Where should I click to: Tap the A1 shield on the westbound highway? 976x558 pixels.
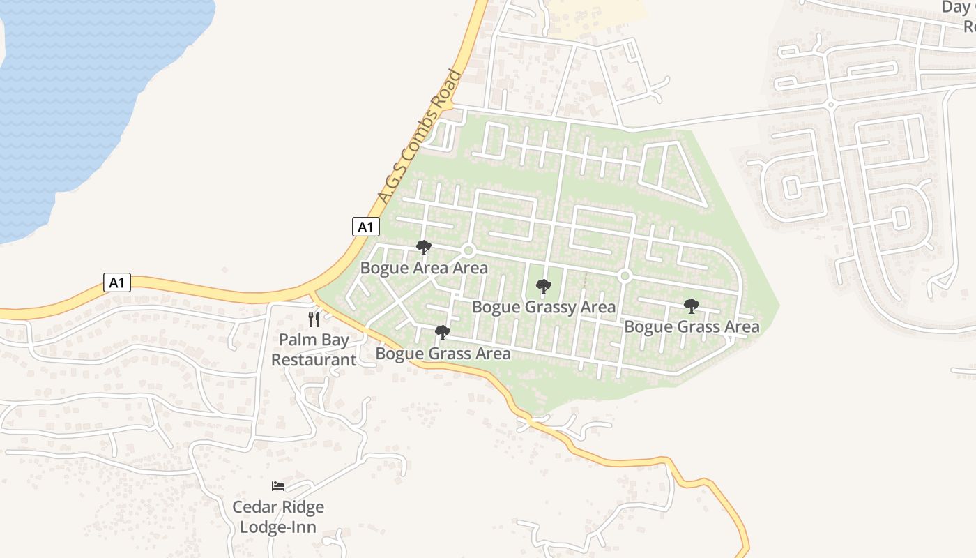click(x=117, y=282)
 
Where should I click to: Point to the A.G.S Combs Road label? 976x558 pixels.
click(x=418, y=137)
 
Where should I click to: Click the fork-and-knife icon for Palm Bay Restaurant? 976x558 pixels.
click(x=314, y=319)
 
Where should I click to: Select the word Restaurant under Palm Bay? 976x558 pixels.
click(x=314, y=360)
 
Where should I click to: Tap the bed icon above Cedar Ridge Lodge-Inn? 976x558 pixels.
click(x=278, y=486)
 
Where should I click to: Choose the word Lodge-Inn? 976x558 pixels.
click(x=278, y=527)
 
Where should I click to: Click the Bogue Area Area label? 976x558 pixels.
click(x=424, y=268)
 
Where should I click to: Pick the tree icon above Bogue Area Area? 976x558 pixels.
click(x=423, y=248)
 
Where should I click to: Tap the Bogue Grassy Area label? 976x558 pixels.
click(x=544, y=307)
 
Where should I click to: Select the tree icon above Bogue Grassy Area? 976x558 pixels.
click(x=544, y=287)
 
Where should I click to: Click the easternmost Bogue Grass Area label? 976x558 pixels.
click(x=692, y=326)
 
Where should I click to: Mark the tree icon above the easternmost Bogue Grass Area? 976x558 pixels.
click(x=692, y=306)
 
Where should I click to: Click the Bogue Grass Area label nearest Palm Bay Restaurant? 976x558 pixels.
click(x=443, y=354)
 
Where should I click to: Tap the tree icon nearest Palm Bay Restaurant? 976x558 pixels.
click(x=443, y=333)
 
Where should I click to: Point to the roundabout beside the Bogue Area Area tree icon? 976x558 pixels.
click(x=468, y=250)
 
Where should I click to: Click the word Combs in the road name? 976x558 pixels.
click(x=427, y=123)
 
